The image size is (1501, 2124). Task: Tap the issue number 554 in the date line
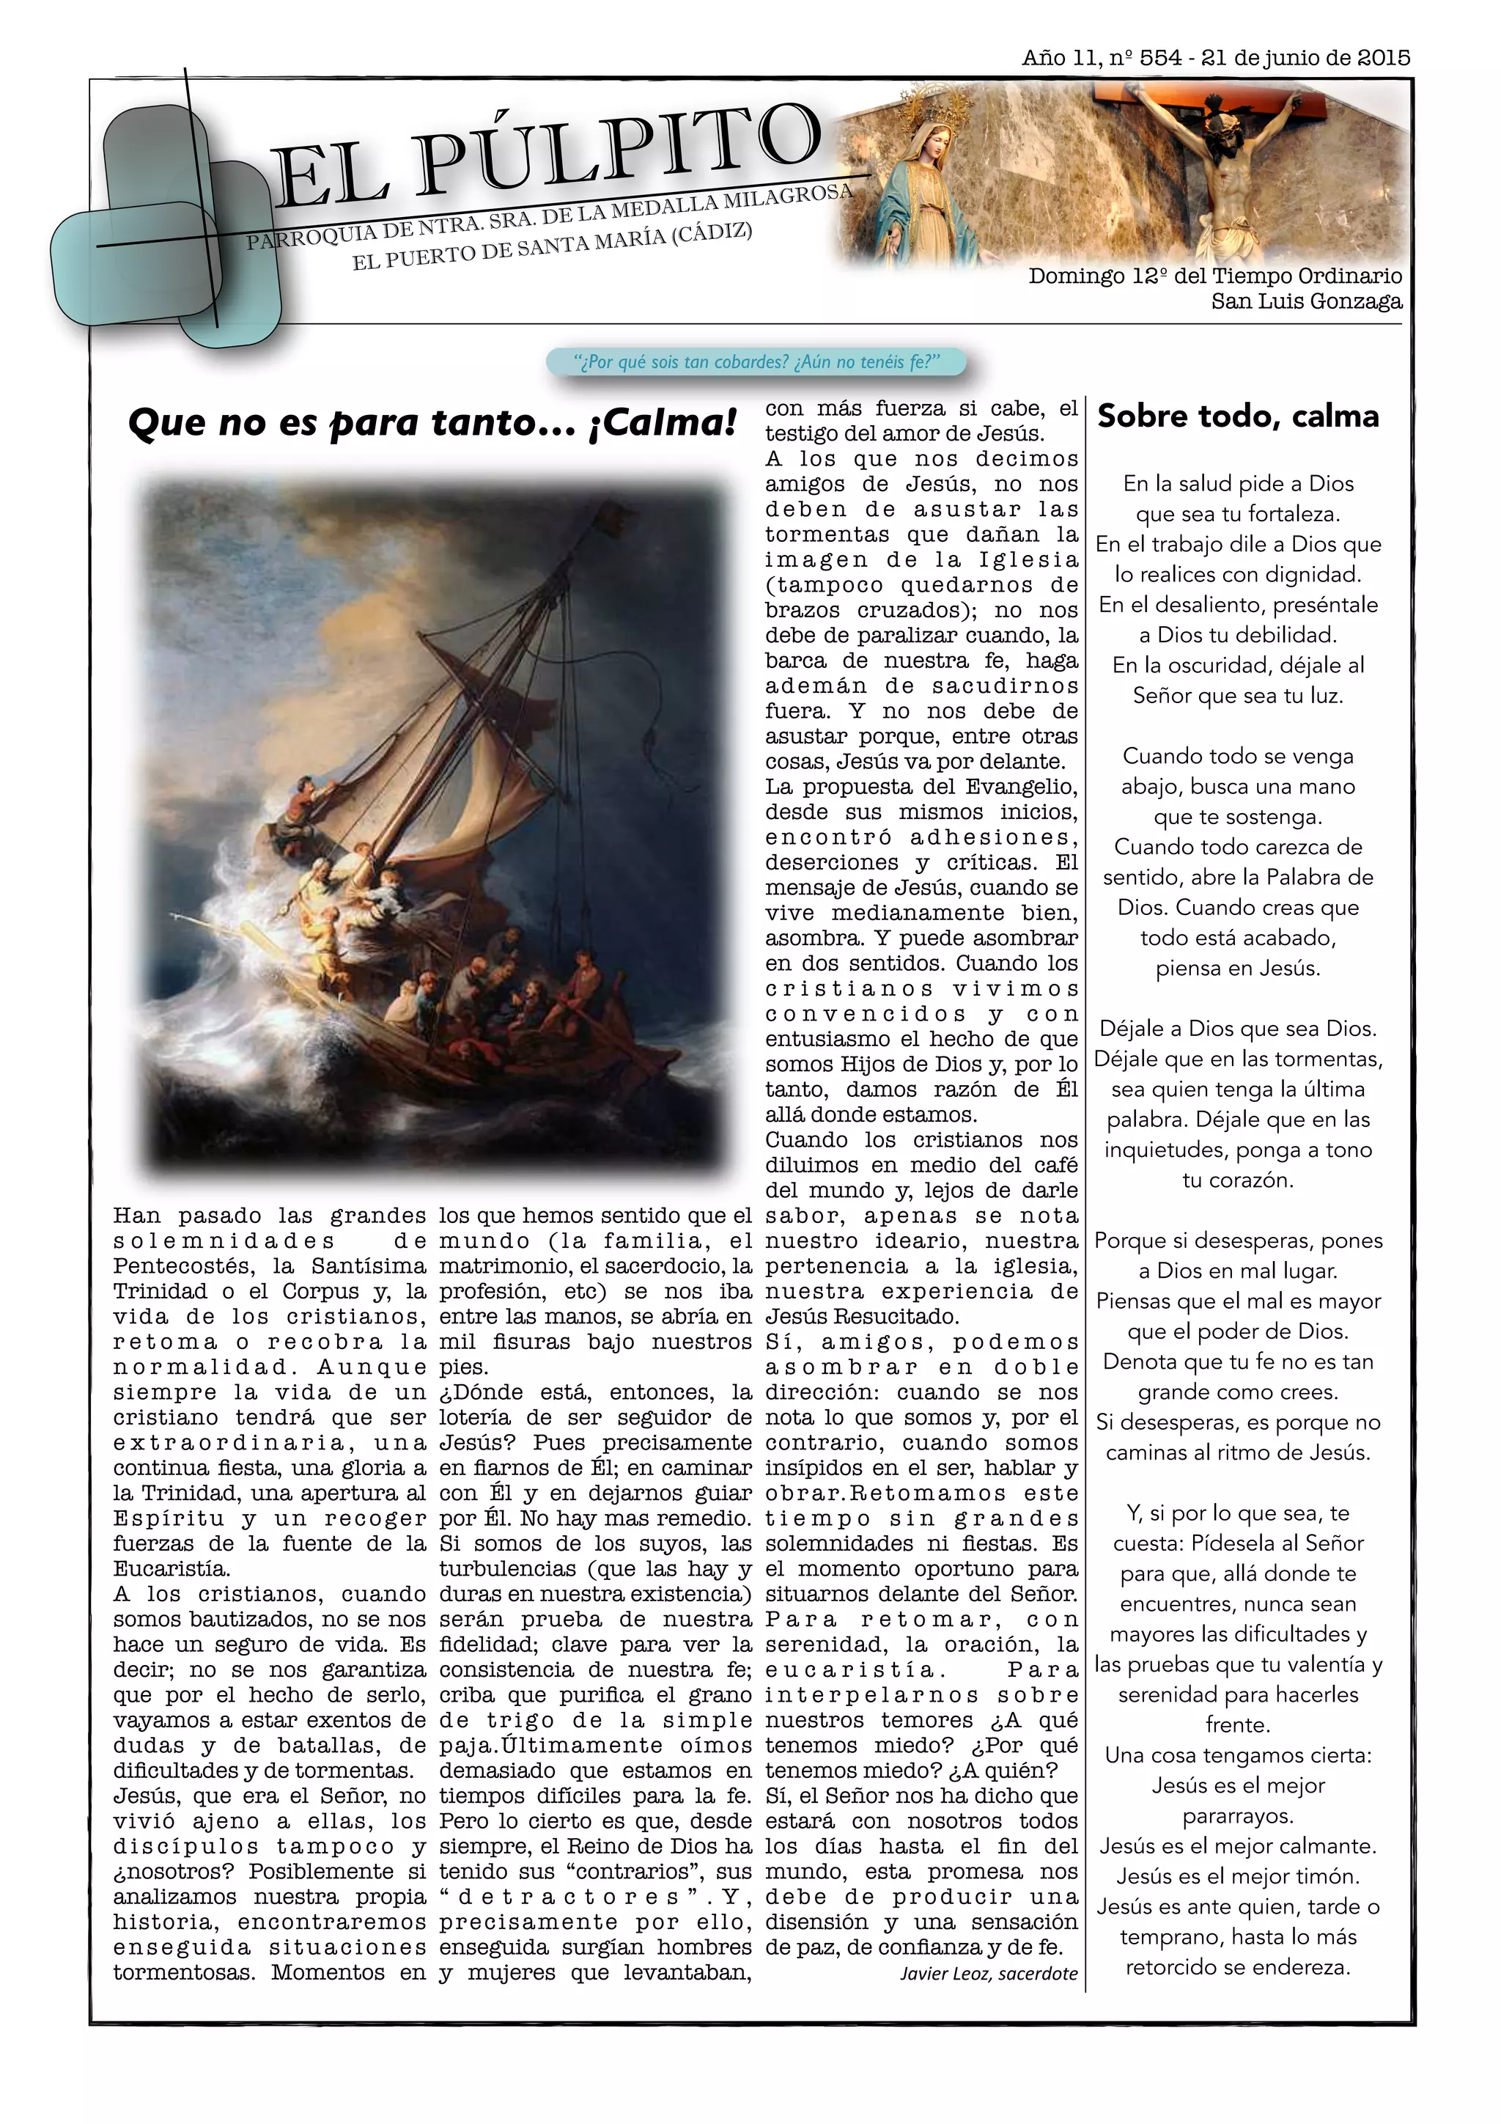point(1159,57)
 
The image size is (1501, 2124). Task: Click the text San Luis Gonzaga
point(1306,301)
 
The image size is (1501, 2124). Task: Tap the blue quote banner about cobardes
point(756,361)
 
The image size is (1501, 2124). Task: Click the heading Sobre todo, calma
point(1237,416)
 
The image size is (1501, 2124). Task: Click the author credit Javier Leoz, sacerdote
point(989,1973)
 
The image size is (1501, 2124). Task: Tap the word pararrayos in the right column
point(1237,1816)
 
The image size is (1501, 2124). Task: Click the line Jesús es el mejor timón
point(1237,1876)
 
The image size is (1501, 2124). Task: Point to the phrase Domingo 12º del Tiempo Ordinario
point(1214,276)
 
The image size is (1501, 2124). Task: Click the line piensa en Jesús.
point(1237,968)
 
